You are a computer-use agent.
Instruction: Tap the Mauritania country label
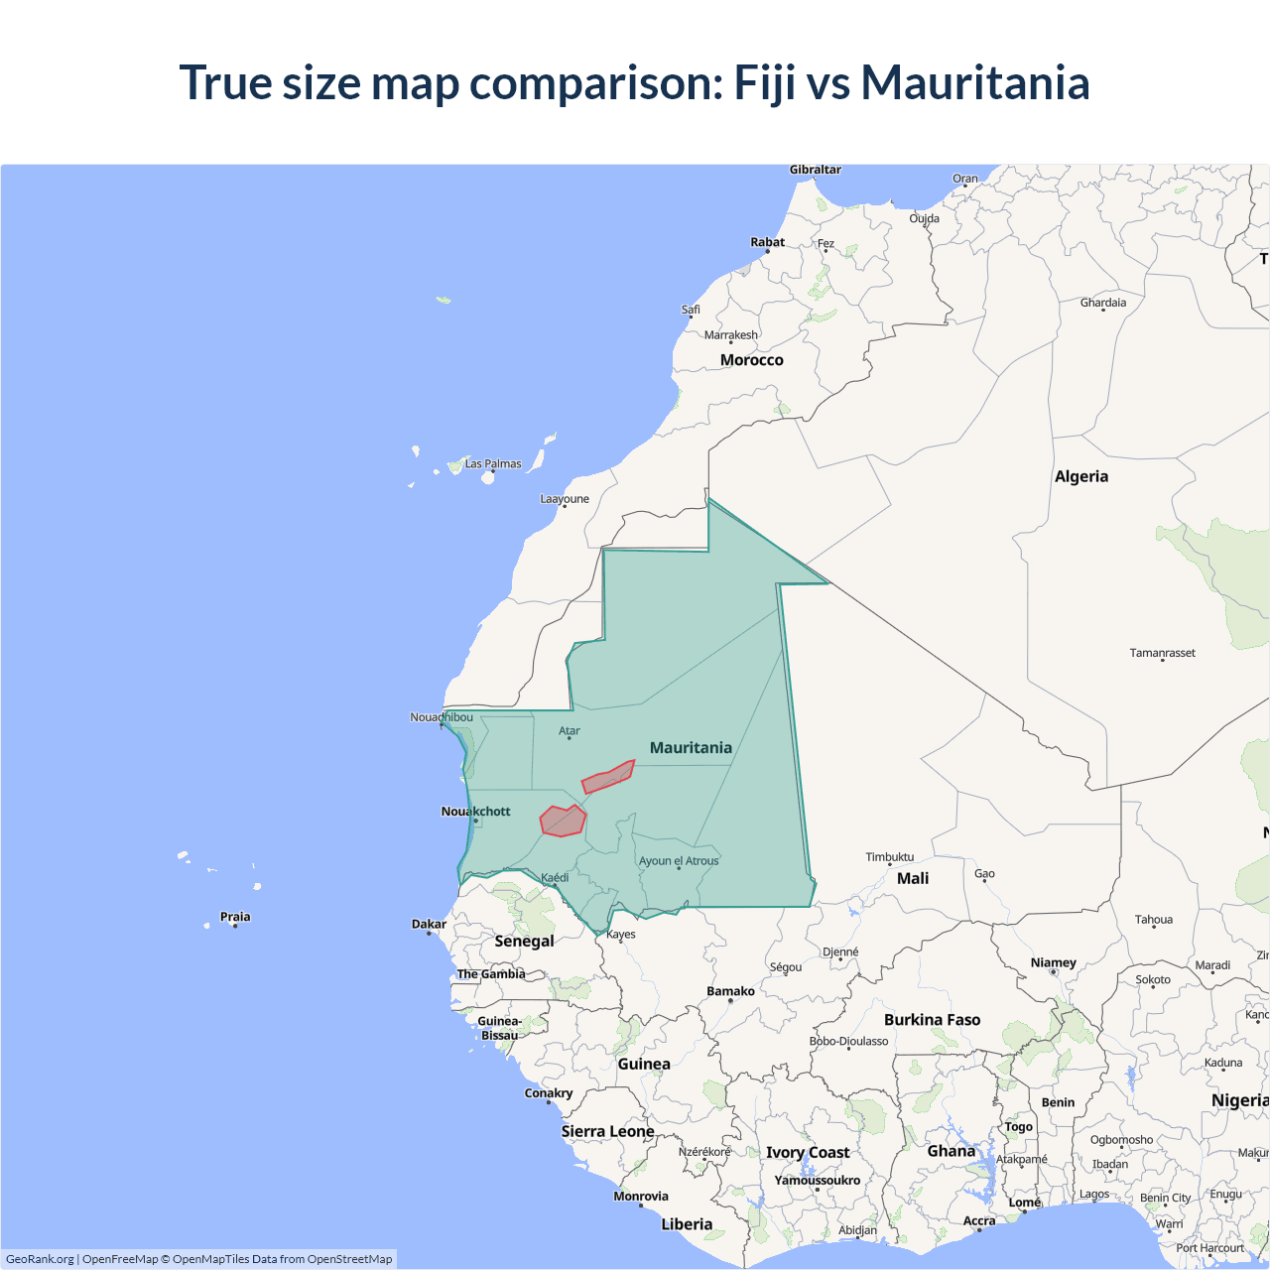[691, 747]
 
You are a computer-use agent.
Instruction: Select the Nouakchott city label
[476, 812]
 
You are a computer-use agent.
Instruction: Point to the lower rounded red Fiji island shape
[563, 821]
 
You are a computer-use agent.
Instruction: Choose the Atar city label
[570, 731]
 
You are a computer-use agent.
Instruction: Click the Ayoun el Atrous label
[679, 860]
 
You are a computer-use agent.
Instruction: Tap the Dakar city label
[429, 924]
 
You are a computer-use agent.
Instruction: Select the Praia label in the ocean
[235, 917]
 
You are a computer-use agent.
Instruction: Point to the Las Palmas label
[493, 463]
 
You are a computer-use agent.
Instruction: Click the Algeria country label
[1081, 476]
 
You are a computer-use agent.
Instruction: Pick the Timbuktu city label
[890, 856]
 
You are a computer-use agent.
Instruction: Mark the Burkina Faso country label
[932, 1020]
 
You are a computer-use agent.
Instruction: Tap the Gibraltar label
[816, 170]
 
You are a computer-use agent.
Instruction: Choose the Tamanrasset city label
[1163, 653]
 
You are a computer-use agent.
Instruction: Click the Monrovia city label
[641, 1196]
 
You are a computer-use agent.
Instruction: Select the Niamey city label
[1053, 962]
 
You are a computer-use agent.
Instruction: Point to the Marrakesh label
[731, 335]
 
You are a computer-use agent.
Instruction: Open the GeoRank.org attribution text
[40, 1259]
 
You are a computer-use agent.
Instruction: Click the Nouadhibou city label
[442, 717]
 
